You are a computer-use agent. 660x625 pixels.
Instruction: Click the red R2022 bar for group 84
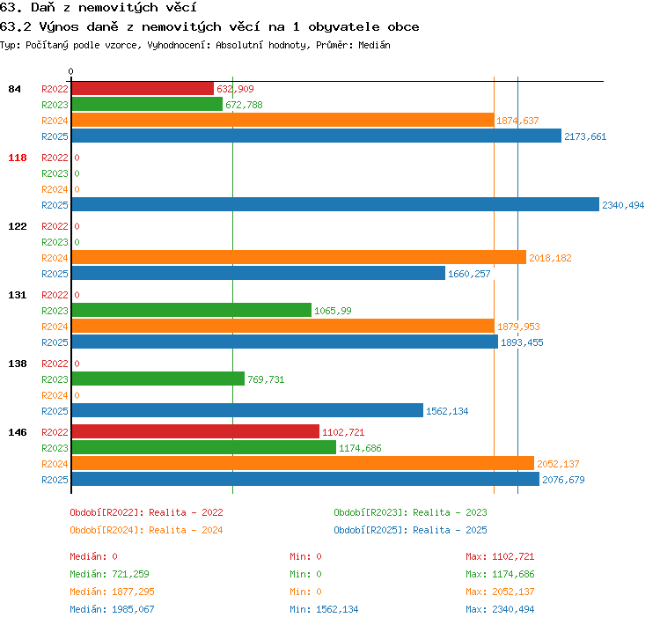(143, 88)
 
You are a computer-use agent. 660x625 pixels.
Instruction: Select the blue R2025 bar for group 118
(335, 205)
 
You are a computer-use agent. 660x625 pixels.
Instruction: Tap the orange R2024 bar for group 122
(299, 257)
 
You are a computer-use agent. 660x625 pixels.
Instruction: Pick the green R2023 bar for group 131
(192, 310)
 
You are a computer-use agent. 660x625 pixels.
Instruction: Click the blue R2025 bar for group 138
(247, 410)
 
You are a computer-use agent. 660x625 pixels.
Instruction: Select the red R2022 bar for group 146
(195, 431)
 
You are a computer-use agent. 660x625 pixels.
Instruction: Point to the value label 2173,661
(585, 136)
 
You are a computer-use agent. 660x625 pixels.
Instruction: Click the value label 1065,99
(333, 311)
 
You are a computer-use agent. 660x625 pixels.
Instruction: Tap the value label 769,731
(266, 379)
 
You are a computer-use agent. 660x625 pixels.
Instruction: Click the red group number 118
(18, 158)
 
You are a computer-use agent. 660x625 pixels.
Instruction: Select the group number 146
(18, 432)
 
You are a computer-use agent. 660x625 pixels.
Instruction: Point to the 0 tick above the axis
(70, 71)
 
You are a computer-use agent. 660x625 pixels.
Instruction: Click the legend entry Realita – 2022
(186, 512)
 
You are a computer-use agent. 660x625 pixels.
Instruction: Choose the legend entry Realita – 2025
(450, 530)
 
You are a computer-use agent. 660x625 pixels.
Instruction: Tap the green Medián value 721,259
(130, 574)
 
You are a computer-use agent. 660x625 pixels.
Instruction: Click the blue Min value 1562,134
(337, 609)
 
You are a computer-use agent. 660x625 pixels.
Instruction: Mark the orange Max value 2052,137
(513, 592)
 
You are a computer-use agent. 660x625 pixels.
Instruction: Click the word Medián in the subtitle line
(374, 45)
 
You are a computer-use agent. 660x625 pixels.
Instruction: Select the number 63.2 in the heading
(16, 27)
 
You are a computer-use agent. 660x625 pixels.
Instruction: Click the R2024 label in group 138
(55, 395)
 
